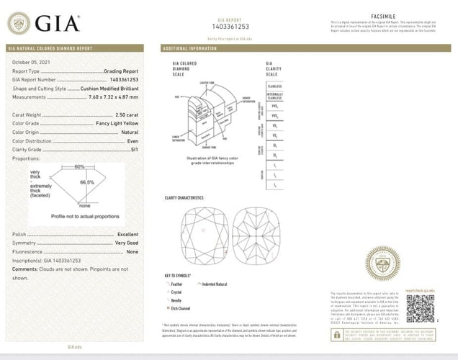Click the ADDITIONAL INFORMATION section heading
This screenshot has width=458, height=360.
(190, 48)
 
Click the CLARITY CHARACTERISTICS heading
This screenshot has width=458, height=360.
(185, 197)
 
